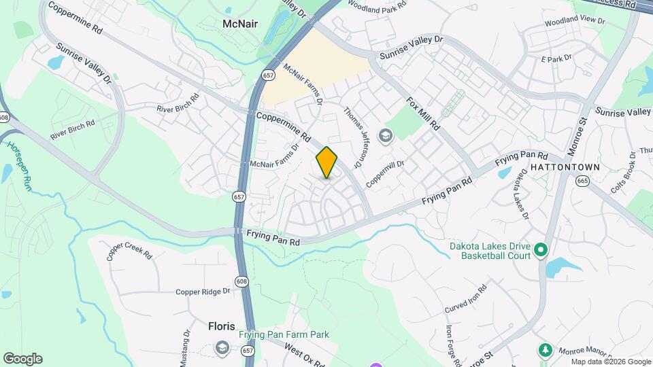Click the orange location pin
pyautogui.click(x=326, y=162)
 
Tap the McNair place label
pyautogui.click(x=240, y=24)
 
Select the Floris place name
pyautogui.click(x=221, y=326)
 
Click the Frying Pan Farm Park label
pyautogui.click(x=284, y=334)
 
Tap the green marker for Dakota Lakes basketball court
pyautogui.click(x=541, y=251)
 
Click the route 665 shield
pyautogui.click(x=582, y=181)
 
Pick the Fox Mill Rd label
pyautogui.click(x=423, y=114)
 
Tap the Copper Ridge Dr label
pyautogui.click(x=203, y=292)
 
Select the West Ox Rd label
pyautogui.click(x=303, y=356)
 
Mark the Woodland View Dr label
pyautogui.click(x=575, y=21)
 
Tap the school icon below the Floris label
pyautogui.click(x=221, y=348)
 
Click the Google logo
pyautogui.click(x=22, y=359)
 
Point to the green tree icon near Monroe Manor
pyautogui.click(x=544, y=350)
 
